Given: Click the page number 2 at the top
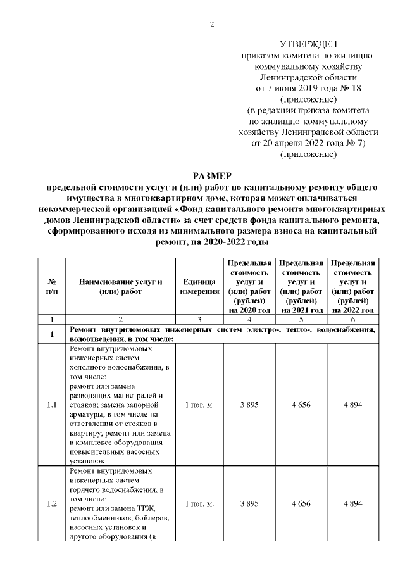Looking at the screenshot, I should (x=212, y=25).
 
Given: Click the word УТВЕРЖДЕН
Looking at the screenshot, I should (x=308, y=44).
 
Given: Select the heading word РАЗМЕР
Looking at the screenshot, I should (x=212, y=175).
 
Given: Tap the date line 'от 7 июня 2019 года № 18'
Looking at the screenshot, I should (x=308, y=87).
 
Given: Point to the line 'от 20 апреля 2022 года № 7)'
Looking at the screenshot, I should (x=308, y=143).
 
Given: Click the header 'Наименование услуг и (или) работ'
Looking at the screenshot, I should (x=121, y=286).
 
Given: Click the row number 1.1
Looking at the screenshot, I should (x=52, y=405).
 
